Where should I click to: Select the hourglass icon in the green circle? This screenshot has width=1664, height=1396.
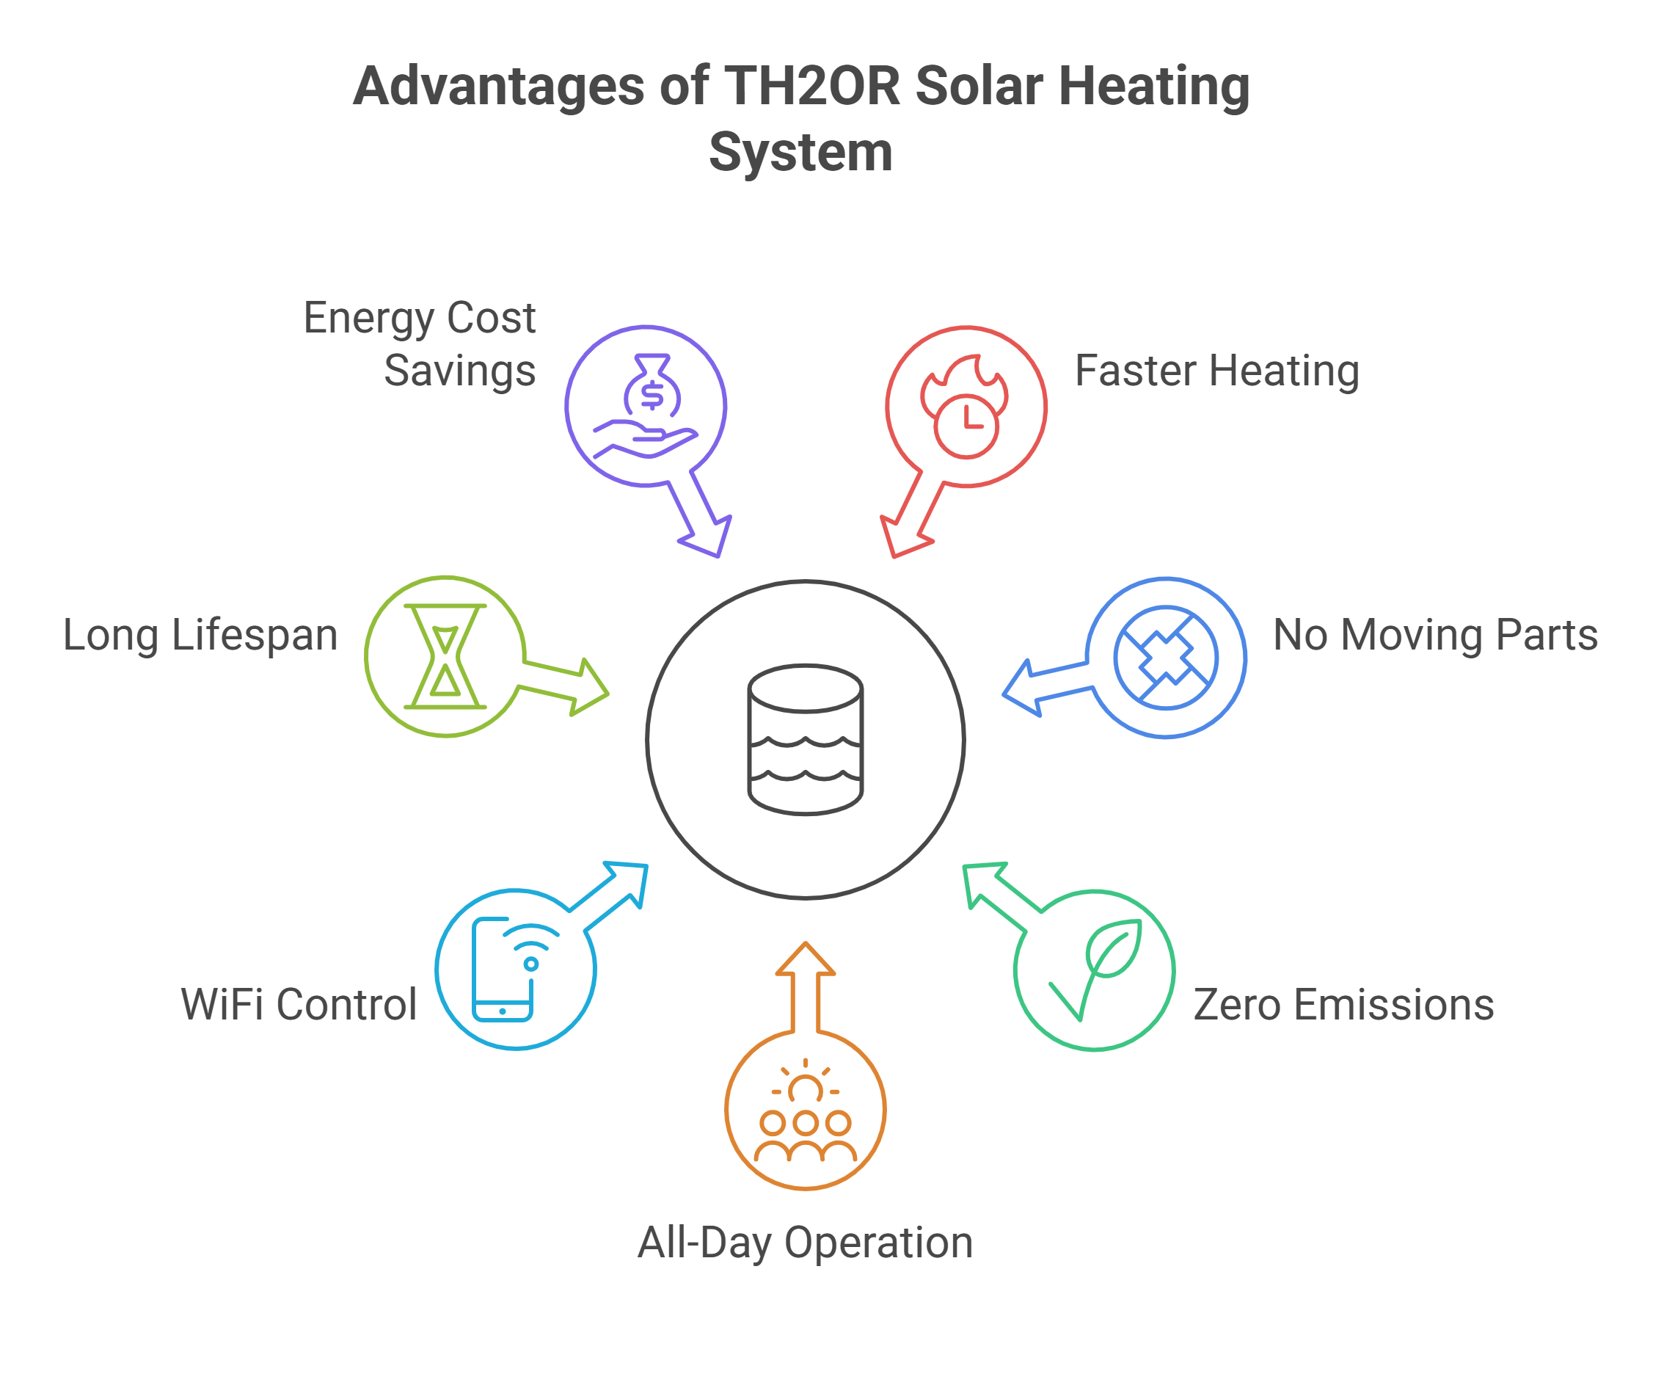[x=445, y=656]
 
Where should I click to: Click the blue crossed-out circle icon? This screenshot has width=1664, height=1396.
[x=1166, y=657]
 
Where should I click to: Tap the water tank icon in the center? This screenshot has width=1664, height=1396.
[x=805, y=740]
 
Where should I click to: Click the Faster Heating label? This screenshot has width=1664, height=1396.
[x=1216, y=371]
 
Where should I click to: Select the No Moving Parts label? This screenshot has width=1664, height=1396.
[x=1435, y=635]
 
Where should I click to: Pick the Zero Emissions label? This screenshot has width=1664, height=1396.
[x=1344, y=1004]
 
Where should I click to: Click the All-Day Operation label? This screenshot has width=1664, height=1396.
[x=805, y=1242]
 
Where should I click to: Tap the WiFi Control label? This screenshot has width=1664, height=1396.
[x=299, y=1004]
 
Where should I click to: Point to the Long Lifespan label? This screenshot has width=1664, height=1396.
[x=200, y=636]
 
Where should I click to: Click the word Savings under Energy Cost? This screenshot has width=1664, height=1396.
[x=459, y=371]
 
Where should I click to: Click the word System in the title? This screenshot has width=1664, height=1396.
[x=800, y=152]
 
